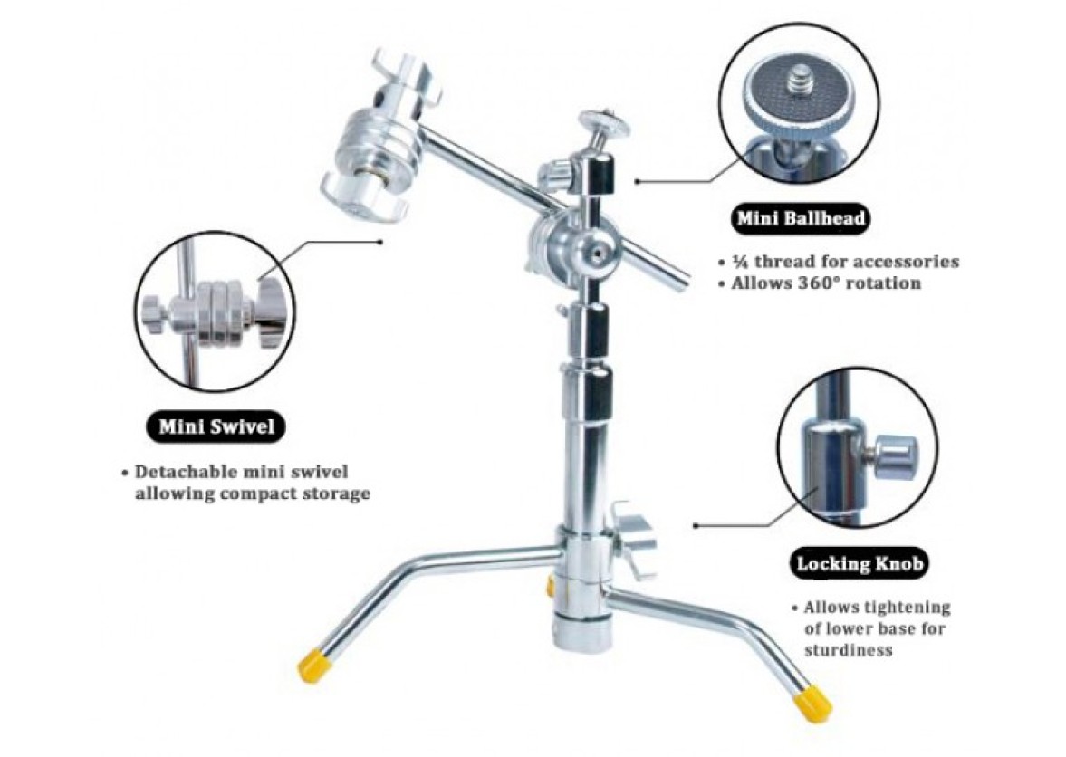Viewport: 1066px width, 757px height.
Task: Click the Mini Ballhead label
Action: pos(802,219)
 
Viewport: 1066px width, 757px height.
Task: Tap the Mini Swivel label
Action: pos(216,426)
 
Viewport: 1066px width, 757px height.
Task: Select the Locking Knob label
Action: pos(860,563)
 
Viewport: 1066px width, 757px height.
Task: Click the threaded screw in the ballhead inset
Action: pos(797,82)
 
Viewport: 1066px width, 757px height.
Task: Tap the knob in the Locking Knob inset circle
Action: pos(895,456)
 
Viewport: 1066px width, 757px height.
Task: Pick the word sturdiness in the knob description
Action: pos(849,649)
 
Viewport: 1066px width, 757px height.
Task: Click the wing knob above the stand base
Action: pos(632,538)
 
